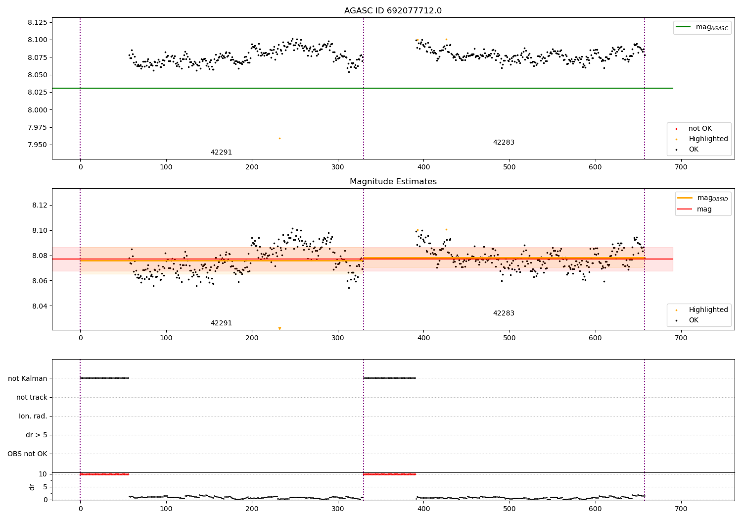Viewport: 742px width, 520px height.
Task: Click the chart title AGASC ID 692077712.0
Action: click(x=393, y=11)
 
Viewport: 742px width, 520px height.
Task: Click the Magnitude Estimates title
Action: click(x=393, y=182)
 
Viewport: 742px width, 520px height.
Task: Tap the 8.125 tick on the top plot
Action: click(x=38, y=22)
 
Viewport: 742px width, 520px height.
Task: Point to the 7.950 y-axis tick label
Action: click(x=38, y=145)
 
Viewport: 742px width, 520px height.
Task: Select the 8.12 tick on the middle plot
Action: click(x=40, y=206)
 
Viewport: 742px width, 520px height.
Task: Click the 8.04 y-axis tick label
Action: click(x=40, y=306)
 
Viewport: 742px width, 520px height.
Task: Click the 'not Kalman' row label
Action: click(x=28, y=378)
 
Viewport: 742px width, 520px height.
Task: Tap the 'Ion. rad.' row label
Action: click(x=33, y=416)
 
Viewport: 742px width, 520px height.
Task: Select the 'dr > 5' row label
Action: click(x=37, y=435)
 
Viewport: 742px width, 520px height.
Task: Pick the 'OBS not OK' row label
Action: click(x=28, y=454)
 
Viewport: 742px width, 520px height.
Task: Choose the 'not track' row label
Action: click(x=32, y=397)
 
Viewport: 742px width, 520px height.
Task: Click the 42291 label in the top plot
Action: click(x=221, y=153)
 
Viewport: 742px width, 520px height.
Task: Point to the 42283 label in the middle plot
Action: click(x=504, y=313)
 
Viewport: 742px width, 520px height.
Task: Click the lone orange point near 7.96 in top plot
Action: click(x=279, y=138)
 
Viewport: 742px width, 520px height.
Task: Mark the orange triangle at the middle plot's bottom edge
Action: click(x=279, y=328)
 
